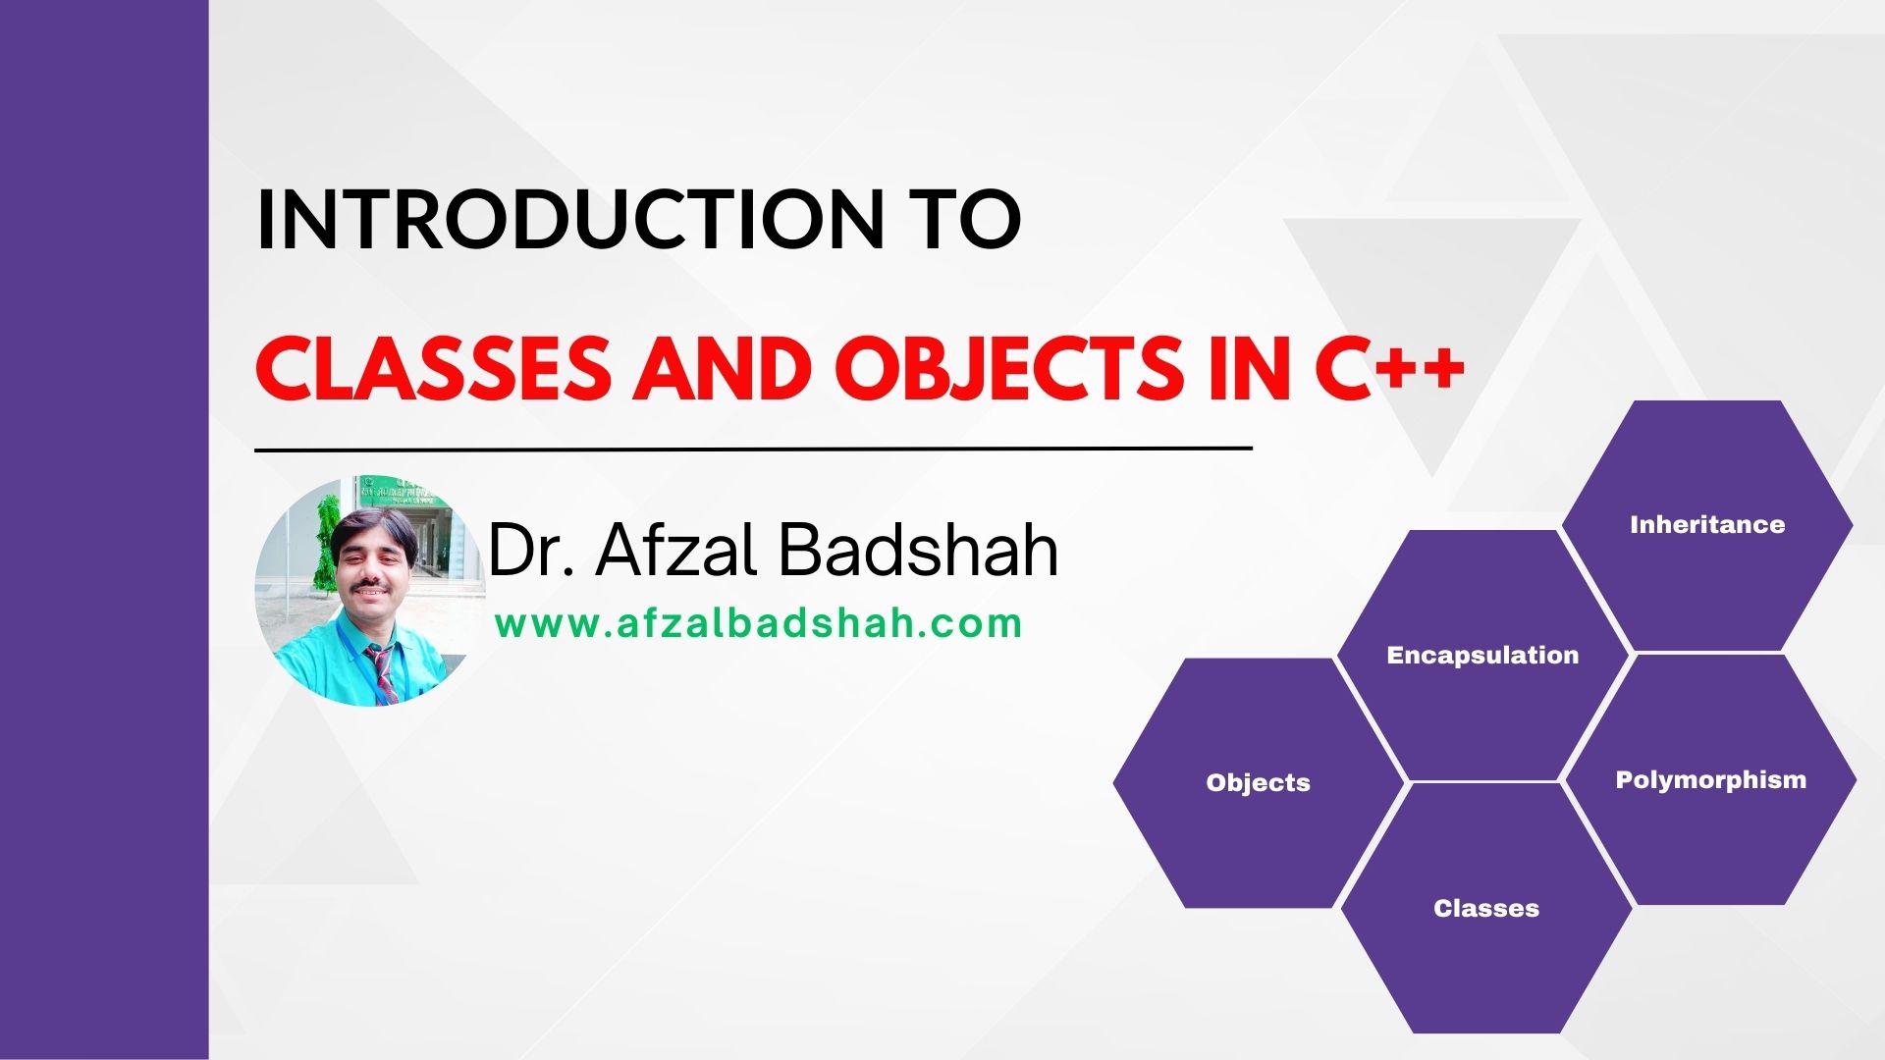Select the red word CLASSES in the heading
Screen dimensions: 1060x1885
click(x=432, y=370)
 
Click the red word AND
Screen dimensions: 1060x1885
click(x=722, y=370)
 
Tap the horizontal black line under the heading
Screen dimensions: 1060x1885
click(x=753, y=449)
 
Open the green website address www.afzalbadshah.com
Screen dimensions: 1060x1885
click(x=758, y=624)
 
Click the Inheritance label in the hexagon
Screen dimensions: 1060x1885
click(x=1707, y=525)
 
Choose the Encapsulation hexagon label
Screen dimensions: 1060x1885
click(x=1482, y=656)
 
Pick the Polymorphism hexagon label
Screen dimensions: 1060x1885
click(x=1710, y=780)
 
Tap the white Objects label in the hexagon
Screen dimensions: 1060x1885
click(x=1258, y=783)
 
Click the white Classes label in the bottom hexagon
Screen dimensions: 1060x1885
click(x=1485, y=909)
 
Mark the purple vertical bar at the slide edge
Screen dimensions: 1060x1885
click(x=104, y=530)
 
